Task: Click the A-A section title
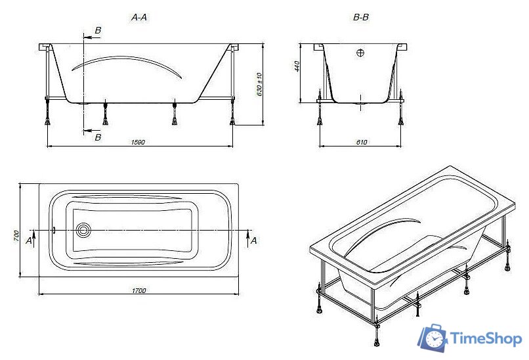[138, 19]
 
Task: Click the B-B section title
[360, 19]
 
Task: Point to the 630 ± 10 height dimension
[259, 85]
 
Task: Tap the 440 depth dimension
[297, 66]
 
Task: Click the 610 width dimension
[361, 142]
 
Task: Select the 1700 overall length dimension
[138, 290]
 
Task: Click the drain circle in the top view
[83, 231]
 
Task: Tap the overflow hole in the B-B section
[360, 53]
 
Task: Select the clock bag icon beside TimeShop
[433, 338]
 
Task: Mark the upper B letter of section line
[98, 31]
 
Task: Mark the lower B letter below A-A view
[98, 137]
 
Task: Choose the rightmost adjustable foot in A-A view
[232, 118]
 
